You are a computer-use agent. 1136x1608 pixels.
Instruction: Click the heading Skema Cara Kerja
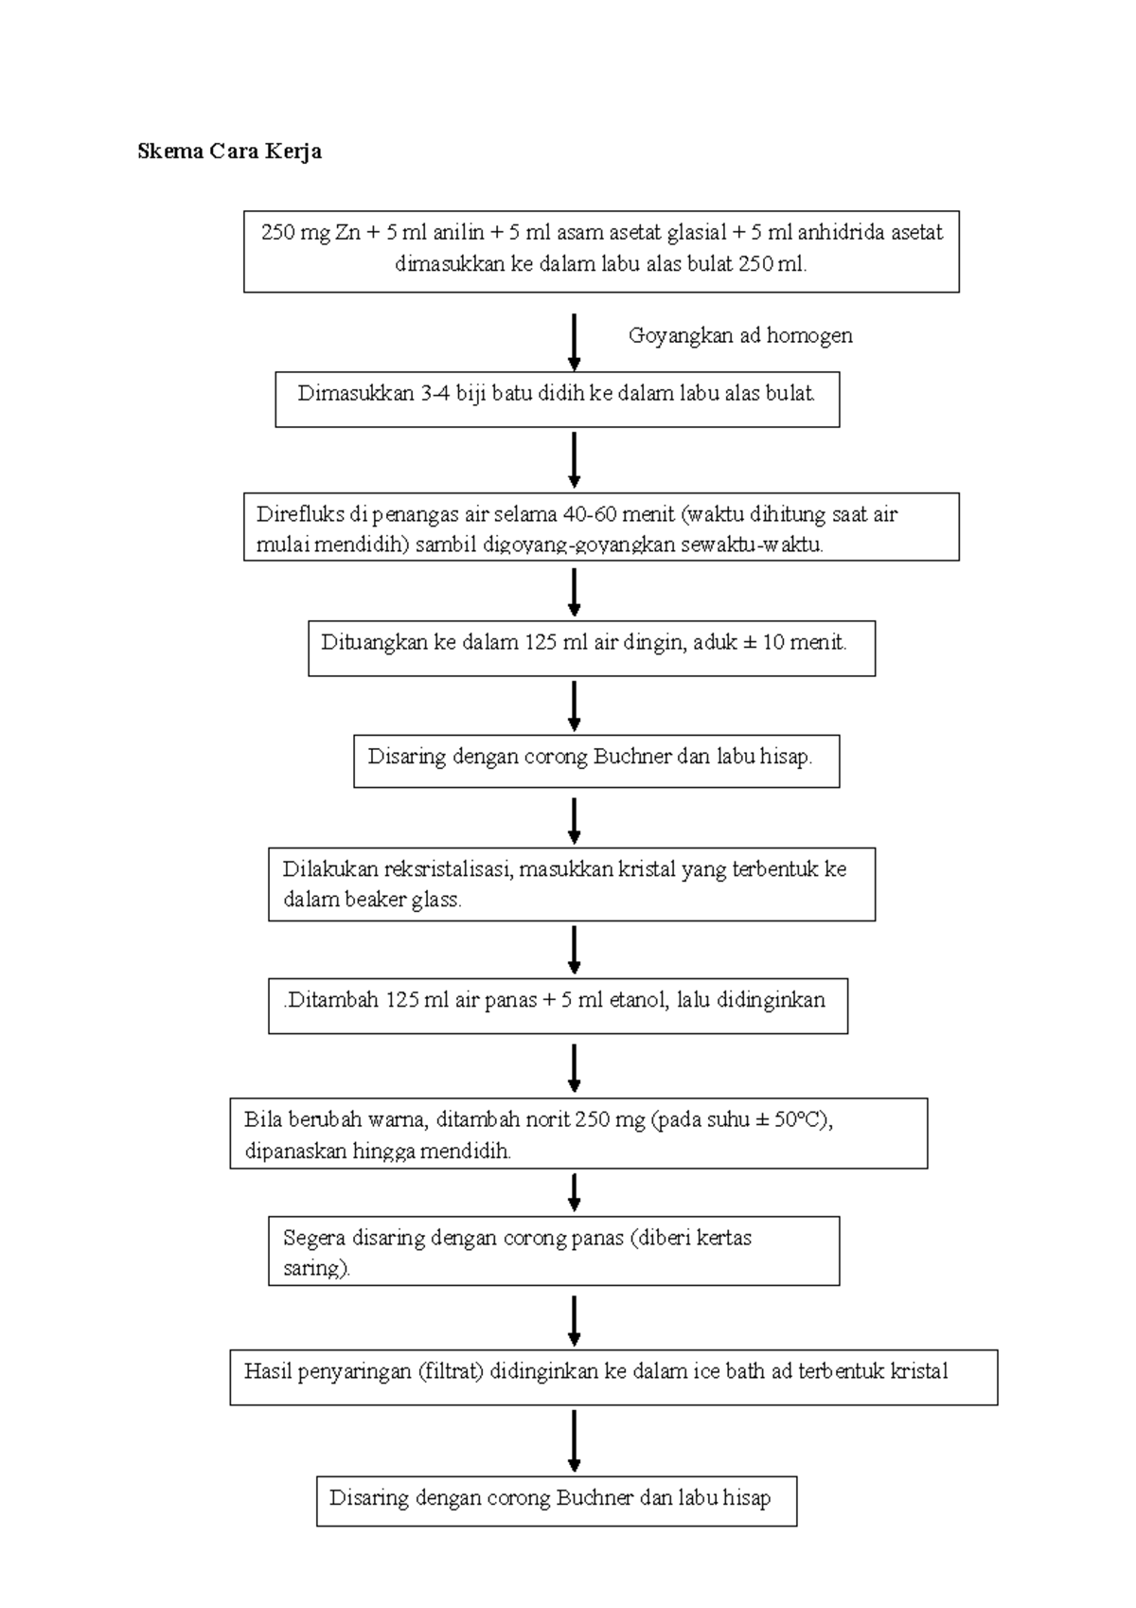pos(229,152)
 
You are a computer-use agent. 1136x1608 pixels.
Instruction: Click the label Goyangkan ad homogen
pos(740,335)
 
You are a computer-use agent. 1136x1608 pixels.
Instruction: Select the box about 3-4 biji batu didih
pos(557,399)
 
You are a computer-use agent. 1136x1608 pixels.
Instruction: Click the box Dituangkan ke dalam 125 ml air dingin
pos(591,648)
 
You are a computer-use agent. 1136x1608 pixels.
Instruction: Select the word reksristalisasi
pos(448,869)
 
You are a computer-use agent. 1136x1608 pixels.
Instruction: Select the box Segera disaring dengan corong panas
pos(554,1251)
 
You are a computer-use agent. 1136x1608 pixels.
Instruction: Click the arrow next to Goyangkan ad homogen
pos(574,342)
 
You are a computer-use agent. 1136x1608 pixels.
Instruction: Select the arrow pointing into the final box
pos(574,1439)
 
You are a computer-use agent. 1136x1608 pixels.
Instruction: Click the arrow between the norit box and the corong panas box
pos(574,1191)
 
